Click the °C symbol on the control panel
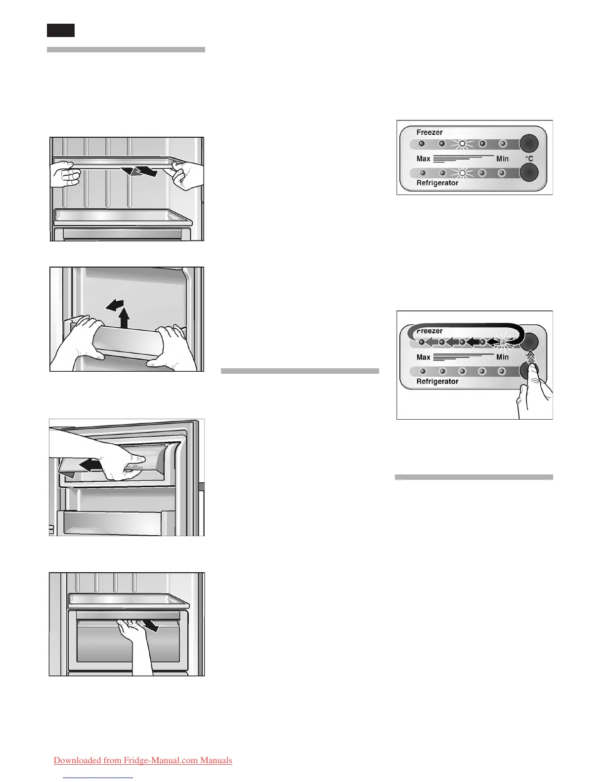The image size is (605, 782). [x=529, y=159]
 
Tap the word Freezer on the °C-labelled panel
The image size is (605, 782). [x=430, y=132]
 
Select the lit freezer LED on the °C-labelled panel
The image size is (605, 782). [x=462, y=144]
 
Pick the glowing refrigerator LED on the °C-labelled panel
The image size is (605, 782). [x=462, y=173]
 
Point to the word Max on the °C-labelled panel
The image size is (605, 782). [x=423, y=159]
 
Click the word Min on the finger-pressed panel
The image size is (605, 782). [x=502, y=357]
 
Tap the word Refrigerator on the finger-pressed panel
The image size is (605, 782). [x=437, y=382]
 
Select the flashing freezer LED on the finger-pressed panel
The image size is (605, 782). [x=503, y=342]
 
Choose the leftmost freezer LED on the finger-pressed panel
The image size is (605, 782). [x=422, y=342]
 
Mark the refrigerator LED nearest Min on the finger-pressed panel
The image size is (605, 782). [x=502, y=371]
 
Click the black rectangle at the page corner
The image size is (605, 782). [x=61, y=30]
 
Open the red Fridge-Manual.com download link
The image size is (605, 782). [x=143, y=760]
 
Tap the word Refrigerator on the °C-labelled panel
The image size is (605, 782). [x=437, y=183]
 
